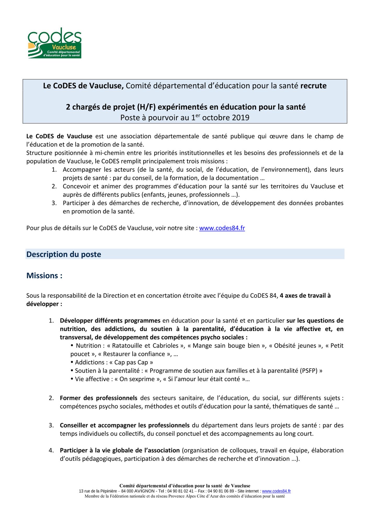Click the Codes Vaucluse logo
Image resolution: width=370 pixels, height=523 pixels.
click(x=55, y=43)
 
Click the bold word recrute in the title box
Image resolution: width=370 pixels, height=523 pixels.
click(x=313, y=86)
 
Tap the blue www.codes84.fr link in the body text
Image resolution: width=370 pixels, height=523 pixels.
click(x=222, y=228)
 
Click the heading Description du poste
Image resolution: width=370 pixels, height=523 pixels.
click(x=64, y=254)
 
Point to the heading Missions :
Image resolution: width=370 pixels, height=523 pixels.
click(x=44, y=276)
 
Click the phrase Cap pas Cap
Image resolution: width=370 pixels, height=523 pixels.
click(x=133, y=362)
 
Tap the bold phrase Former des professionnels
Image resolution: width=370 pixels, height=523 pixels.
click(x=98, y=398)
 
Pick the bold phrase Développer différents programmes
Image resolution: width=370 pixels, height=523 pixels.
click(x=110, y=321)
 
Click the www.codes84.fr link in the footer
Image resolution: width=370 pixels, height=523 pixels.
click(x=276, y=491)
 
